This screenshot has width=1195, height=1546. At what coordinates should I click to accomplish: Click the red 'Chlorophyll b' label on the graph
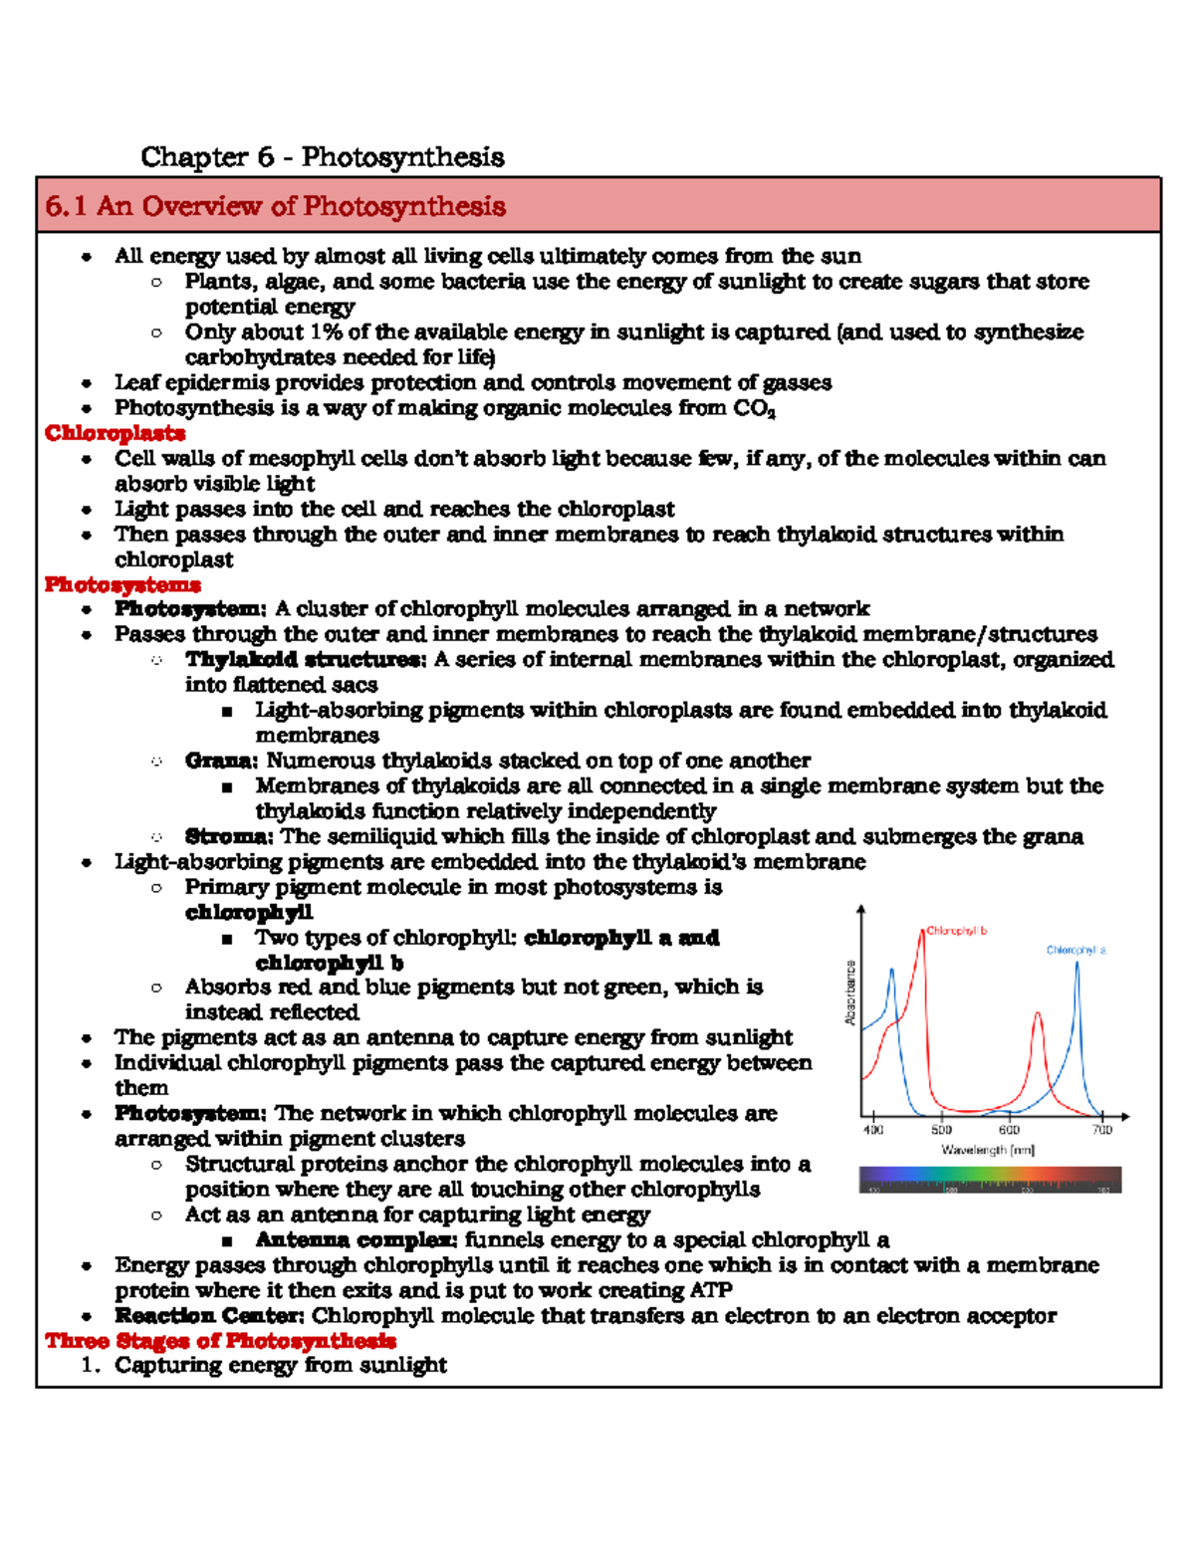[x=956, y=931]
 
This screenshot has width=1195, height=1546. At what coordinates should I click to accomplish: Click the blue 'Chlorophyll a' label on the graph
[x=1075, y=950]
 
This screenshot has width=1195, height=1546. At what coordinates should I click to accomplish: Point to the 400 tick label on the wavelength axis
[x=872, y=1130]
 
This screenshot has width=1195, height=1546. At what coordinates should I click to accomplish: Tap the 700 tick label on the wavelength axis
[x=1101, y=1130]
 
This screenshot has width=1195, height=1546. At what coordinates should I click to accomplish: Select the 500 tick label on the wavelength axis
[x=941, y=1130]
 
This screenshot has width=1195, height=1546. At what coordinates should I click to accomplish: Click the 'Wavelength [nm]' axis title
[x=988, y=1150]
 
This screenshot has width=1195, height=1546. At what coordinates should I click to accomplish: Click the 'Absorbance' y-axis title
[x=850, y=993]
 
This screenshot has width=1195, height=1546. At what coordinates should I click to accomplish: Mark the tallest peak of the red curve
[x=922, y=932]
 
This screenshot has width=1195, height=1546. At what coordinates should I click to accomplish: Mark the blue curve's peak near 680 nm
[x=1076, y=964]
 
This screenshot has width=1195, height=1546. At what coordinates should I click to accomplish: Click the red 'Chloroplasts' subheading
[x=115, y=433]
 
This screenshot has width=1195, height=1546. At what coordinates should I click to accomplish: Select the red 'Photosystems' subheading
[x=122, y=584]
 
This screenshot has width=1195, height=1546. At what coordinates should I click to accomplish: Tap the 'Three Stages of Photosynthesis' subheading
[x=220, y=1341]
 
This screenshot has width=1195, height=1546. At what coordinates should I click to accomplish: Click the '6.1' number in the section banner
[x=66, y=206]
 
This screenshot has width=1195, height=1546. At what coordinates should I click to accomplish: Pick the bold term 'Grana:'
[x=221, y=761]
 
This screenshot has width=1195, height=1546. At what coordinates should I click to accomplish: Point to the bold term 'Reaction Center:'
[x=208, y=1315]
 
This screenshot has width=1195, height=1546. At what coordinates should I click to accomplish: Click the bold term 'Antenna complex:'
[x=356, y=1239]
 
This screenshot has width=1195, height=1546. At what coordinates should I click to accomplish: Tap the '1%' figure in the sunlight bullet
[x=326, y=331]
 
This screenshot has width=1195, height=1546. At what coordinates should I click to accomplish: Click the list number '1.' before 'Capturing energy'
[x=91, y=1365]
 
